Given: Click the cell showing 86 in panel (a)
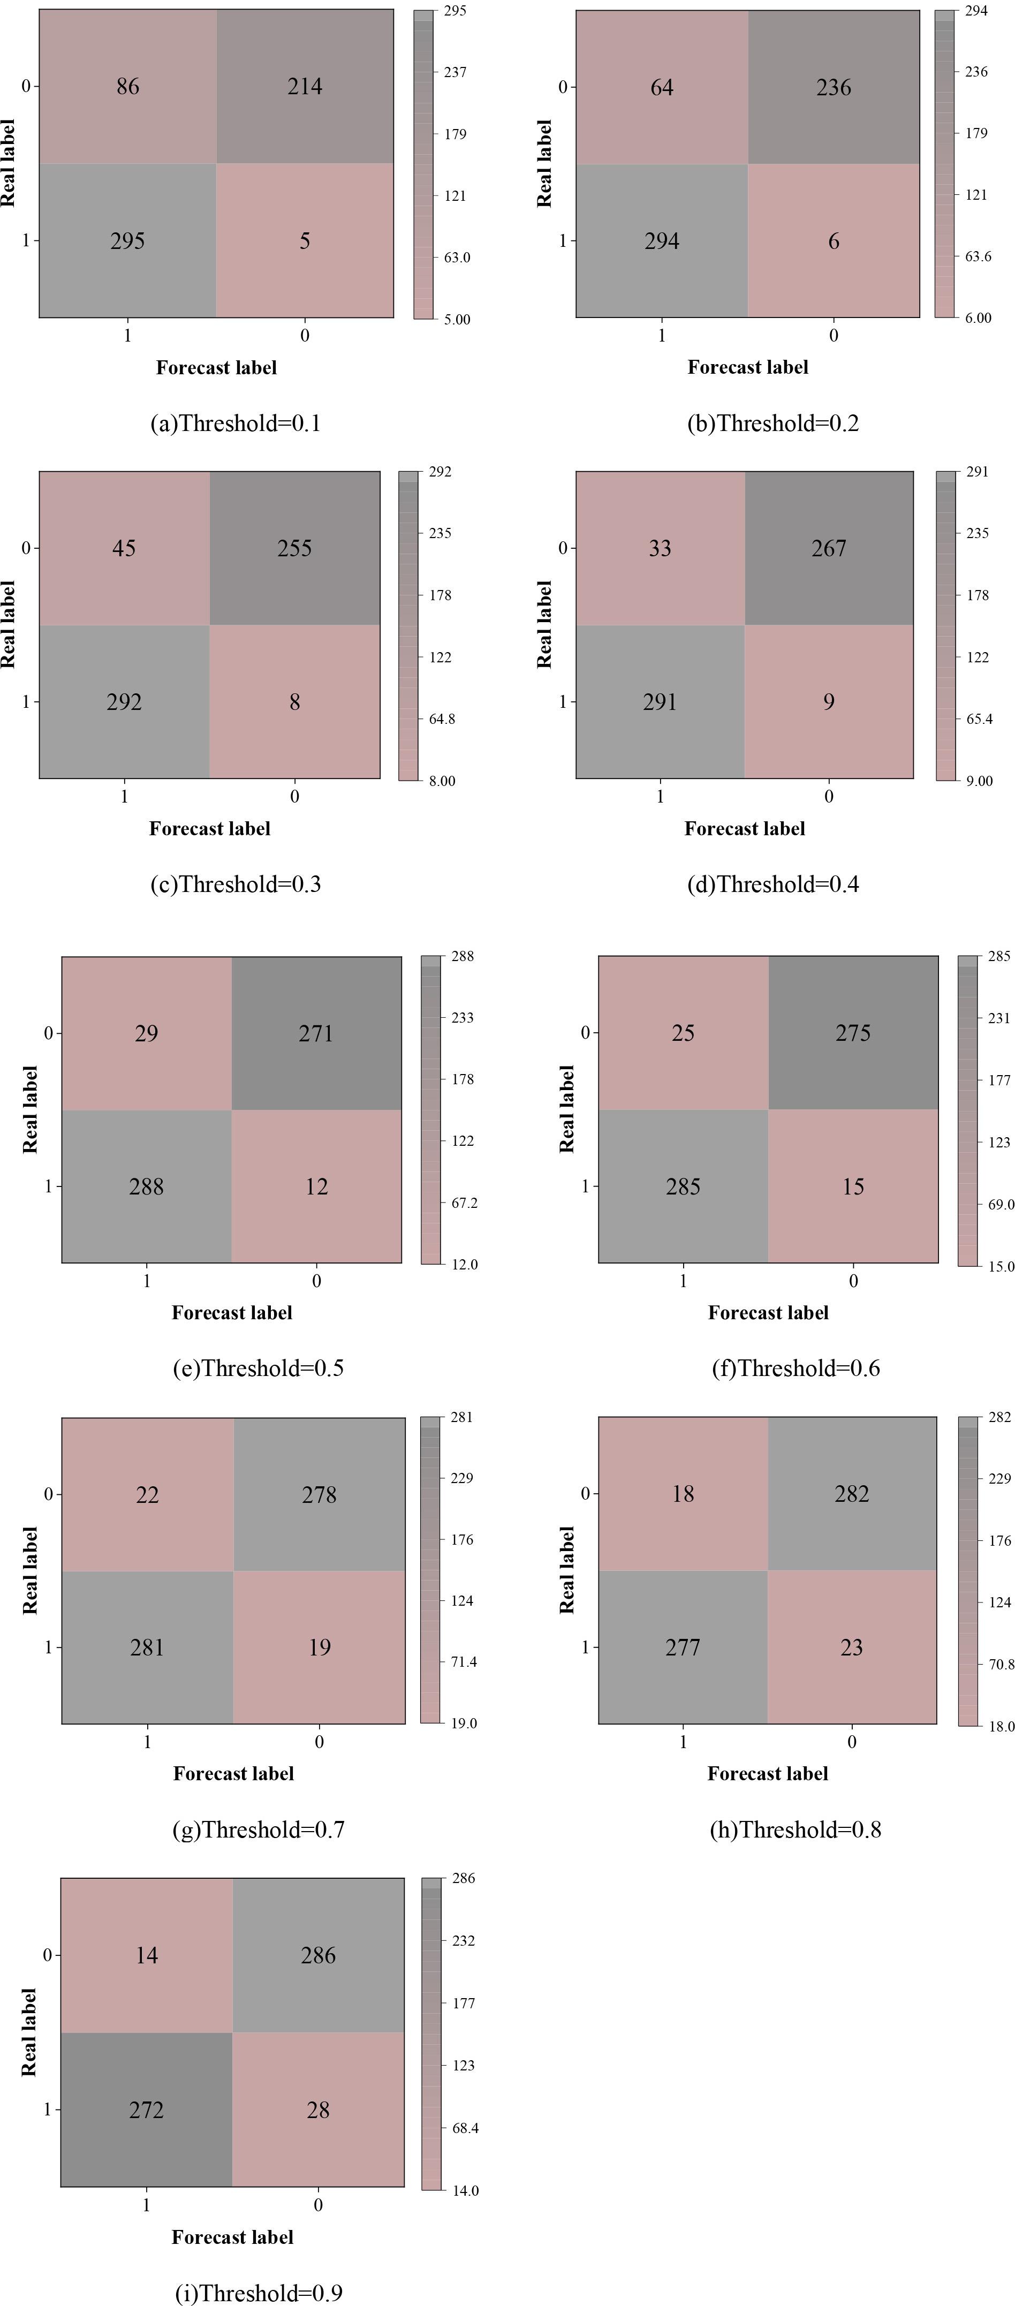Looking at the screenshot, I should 128,87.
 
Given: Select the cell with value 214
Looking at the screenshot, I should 305,87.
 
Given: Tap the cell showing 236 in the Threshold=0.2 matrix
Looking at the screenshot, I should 834,88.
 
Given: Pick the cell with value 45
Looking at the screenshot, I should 124,548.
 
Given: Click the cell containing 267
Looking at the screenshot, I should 829,548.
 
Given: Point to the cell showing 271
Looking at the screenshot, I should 316,1033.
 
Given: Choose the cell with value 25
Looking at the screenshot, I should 683,1033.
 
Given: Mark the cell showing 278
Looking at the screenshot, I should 320,1494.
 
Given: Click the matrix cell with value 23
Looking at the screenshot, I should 851,1647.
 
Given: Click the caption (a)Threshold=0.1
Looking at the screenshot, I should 236,424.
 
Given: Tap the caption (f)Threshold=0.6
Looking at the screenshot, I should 796,1368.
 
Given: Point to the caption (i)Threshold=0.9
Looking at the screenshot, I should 259,2293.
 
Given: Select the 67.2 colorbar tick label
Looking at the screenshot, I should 465,1202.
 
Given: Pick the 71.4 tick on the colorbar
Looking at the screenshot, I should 464,1661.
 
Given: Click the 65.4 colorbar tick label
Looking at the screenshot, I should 979,719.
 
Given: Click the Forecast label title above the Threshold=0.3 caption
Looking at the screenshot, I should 209,829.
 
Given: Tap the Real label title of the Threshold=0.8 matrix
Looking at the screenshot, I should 566,1571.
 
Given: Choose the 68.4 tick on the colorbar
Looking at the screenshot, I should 465,2128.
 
